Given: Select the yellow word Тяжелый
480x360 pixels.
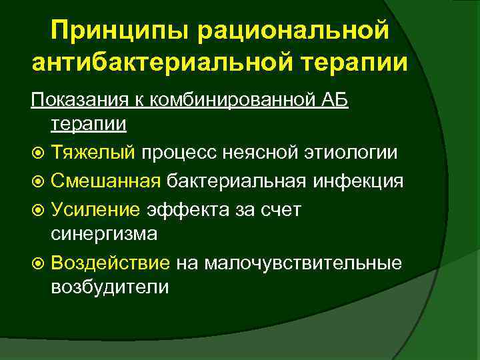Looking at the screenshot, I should [92, 153].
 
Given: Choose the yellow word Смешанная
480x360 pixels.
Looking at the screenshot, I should [105, 181].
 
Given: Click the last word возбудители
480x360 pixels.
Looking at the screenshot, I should [109, 287].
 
